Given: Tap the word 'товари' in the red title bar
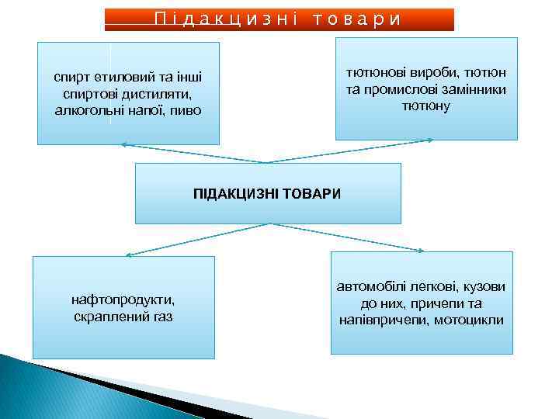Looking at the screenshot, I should click(x=358, y=19).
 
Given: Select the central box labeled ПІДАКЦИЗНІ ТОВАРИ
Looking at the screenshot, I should click(x=268, y=192).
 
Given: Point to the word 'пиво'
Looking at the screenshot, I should click(x=185, y=110).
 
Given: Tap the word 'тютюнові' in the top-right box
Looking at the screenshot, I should click(x=370, y=72).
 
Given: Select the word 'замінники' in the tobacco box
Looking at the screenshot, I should click(x=475, y=89).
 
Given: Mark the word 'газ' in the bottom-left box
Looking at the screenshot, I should click(x=161, y=317).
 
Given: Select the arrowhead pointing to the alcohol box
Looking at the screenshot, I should click(x=123, y=144).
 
